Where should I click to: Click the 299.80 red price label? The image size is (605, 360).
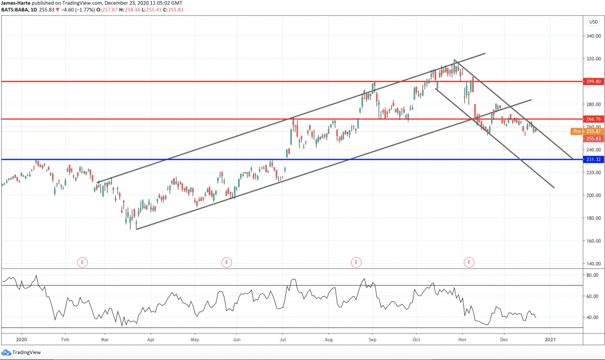point(594,82)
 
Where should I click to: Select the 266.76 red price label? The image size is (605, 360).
point(594,119)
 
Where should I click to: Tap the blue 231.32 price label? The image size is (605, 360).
point(594,160)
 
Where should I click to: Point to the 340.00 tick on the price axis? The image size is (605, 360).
point(594,36)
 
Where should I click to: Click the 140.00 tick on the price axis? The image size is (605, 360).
point(594,264)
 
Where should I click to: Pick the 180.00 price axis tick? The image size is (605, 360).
point(594,218)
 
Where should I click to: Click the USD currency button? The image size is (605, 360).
point(594,22)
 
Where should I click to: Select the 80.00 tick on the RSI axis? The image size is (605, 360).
point(593,275)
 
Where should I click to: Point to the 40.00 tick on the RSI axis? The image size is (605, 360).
point(593,317)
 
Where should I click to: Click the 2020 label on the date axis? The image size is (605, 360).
point(21,340)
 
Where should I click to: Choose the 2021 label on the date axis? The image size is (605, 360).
point(549,340)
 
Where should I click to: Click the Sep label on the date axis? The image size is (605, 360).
point(372,340)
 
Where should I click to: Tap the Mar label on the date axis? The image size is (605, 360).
point(105,340)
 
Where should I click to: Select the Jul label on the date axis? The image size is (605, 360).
point(282,340)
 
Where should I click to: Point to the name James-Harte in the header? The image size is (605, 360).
point(16,4)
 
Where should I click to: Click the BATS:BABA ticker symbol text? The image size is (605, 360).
point(16,11)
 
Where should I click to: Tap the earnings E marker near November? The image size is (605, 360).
point(469,261)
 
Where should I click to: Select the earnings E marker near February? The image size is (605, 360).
point(82,261)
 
